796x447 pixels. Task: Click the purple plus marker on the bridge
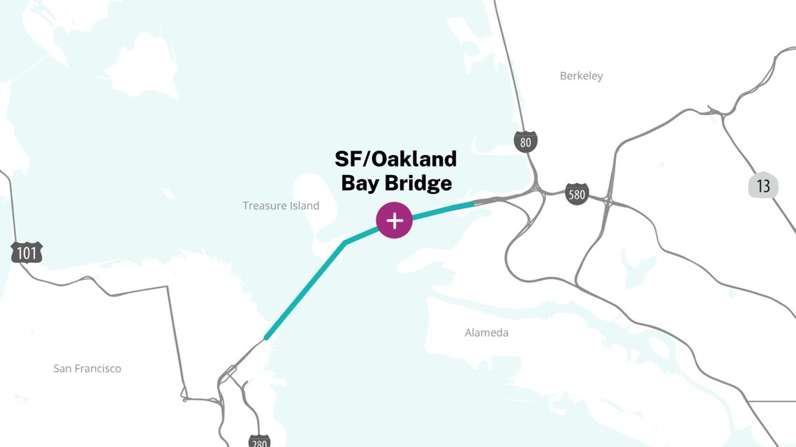(x=395, y=221)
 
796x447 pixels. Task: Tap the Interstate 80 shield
(x=526, y=142)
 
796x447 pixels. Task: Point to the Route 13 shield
(x=763, y=185)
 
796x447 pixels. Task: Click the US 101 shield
(x=27, y=252)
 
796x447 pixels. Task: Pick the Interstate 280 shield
(x=258, y=441)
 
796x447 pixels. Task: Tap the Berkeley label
(x=581, y=75)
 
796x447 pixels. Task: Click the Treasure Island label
(x=281, y=206)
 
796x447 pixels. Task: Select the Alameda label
(x=487, y=333)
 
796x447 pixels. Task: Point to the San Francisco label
(x=87, y=368)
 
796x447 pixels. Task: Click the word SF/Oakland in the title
(x=395, y=159)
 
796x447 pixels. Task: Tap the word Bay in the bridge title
(x=357, y=183)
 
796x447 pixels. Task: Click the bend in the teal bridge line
(x=345, y=243)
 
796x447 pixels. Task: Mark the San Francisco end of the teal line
(x=266, y=338)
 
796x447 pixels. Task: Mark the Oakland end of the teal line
(x=474, y=204)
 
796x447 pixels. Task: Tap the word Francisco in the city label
(x=98, y=368)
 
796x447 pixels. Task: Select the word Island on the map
(x=304, y=206)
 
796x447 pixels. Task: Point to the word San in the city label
(x=63, y=368)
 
